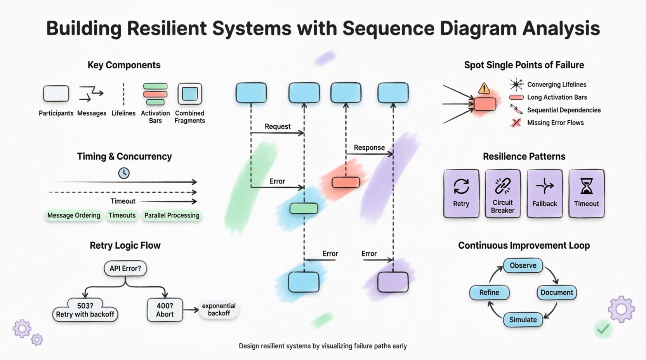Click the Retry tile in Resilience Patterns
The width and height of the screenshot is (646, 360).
coord(461,193)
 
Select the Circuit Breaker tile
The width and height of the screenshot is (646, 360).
coord(503,193)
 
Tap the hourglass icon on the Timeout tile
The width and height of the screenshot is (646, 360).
coord(586,186)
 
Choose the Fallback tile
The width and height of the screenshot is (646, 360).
coord(545,193)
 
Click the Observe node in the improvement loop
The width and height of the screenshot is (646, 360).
coord(523,266)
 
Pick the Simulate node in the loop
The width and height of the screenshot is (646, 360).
coord(523,320)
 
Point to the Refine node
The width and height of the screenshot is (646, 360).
coord(489,292)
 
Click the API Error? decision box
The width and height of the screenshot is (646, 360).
coord(125,268)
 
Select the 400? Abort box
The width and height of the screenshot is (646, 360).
coord(165,310)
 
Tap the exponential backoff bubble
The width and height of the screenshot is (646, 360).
coord(219,310)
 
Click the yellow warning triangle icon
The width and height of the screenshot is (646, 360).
coord(484,88)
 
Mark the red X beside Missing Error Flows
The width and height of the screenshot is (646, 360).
coord(516,123)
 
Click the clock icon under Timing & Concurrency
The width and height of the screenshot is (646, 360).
coord(124,173)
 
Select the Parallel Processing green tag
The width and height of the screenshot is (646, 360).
coord(172,215)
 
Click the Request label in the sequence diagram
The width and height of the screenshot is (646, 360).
coord(277,126)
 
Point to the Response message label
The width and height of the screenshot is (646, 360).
coord(369,148)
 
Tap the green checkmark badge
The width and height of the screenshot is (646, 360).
coord(603,329)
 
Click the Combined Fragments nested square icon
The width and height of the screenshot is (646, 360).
coord(189,94)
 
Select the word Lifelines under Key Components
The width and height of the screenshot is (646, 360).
coord(123,113)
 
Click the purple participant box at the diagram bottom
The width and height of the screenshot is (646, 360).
coord(393,282)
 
